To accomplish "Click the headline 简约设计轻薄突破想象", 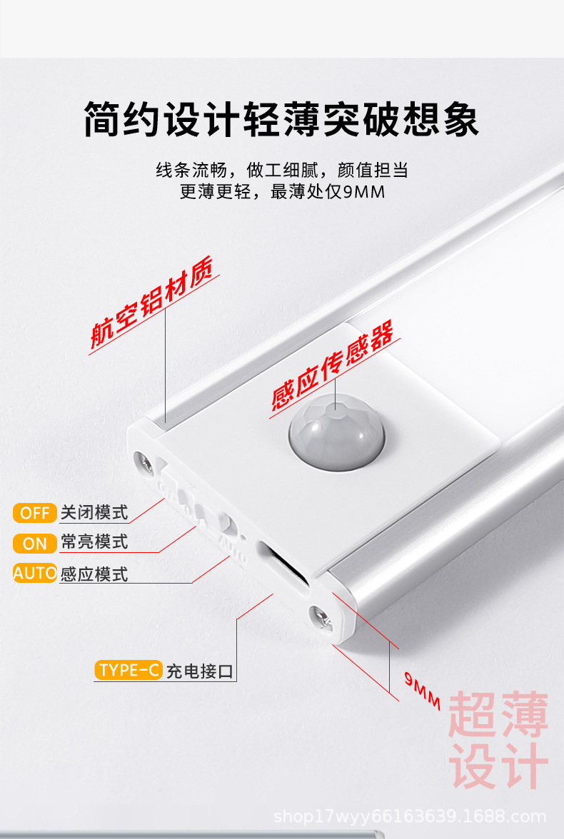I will click(x=281, y=120).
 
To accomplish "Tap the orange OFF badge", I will click(x=34, y=513).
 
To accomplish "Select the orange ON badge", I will click(x=34, y=543).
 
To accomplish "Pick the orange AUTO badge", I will click(x=34, y=573).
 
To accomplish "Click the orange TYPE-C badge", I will click(x=129, y=670).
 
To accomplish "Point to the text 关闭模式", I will click(x=94, y=513).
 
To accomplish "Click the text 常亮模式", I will click(x=94, y=542).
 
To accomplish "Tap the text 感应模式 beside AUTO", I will click(x=94, y=574).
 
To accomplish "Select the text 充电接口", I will click(x=200, y=671).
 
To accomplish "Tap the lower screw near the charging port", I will click(x=323, y=617).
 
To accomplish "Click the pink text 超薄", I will click(x=498, y=715).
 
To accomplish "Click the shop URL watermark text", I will click(x=410, y=817).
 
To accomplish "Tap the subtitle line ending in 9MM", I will click(x=282, y=192).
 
